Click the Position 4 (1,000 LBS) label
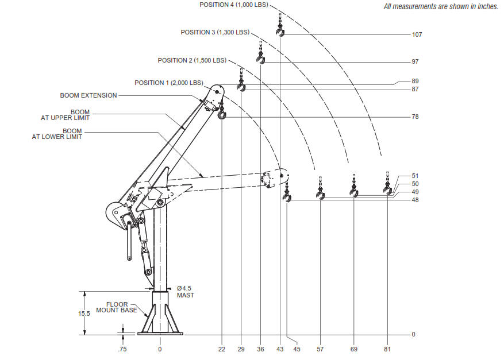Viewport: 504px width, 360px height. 233,5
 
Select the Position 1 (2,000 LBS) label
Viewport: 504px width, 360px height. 169,83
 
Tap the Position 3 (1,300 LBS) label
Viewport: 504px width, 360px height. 215,32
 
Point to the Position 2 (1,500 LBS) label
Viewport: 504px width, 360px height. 192,60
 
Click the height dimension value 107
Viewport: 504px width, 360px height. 417,34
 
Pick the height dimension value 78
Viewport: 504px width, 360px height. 415,117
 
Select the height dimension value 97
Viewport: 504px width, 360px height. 415,61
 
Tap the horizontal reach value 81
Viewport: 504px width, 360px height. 388,349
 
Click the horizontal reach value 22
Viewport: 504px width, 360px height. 222,349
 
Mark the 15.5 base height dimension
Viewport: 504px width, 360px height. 84,313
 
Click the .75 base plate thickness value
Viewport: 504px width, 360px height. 122,349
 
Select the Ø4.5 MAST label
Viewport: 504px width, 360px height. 185,291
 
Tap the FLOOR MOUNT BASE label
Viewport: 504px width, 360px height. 117,307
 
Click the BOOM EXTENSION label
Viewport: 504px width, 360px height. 89,95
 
